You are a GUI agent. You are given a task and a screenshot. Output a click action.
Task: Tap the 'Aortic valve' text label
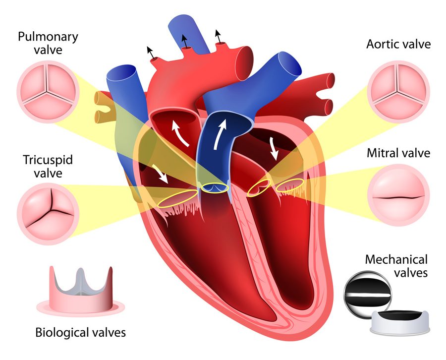398,44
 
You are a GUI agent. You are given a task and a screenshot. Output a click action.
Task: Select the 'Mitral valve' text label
398,153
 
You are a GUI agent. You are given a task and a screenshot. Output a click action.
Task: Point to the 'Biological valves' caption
80,332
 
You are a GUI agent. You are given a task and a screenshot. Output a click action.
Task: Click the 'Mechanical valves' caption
396,265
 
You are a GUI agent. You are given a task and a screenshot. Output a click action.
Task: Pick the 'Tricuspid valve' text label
42,166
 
